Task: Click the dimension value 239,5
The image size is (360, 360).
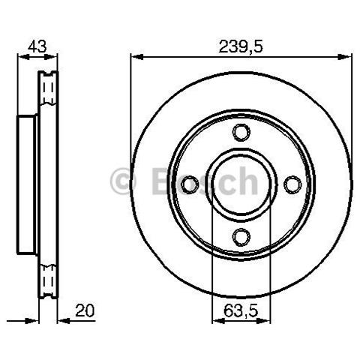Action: coord(241,46)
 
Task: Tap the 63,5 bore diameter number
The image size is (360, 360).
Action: coord(240,311)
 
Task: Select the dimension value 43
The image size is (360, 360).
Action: coord(37,46)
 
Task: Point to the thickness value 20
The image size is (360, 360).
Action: coord(85,310)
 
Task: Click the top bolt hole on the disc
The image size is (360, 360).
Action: coord(241,132)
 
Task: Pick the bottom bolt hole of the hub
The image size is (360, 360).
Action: coord(241,236)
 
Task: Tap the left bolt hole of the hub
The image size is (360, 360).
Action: coord(190,184)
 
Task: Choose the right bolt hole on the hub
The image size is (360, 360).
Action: coord(292,184)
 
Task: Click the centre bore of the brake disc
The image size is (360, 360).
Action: coord(241,184)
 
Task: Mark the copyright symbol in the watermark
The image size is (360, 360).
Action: coord(123,181)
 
